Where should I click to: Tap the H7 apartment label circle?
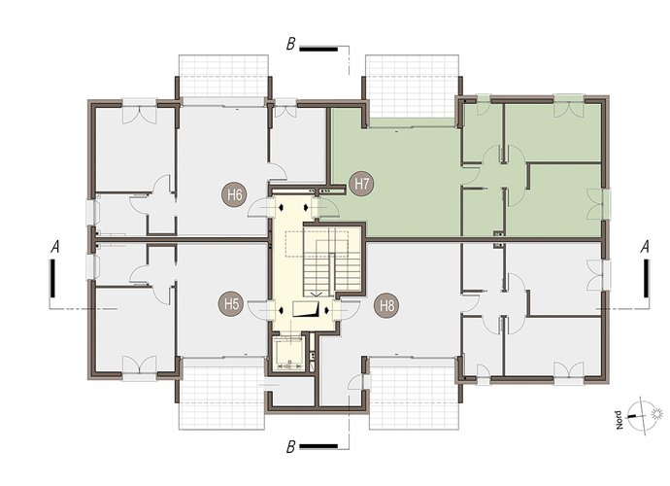click(x=361, y=184)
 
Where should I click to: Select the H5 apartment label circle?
click(x=231, y=304)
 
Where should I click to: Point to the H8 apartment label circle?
click(x=386, y=306)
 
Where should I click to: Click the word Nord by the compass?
click(x=619, y=420)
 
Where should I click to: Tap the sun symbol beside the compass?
click(x=657, y=414)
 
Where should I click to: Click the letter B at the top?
click(x=290, y=44)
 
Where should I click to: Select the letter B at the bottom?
click(x=290, y=447)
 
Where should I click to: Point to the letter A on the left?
click(x=54, y=247)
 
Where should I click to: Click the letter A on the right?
click(x=645, y=247)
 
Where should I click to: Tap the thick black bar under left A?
click(x=52, y=278)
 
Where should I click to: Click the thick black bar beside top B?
click(x=318, y=49)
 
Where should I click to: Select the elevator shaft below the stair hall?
click(x=288, y=354)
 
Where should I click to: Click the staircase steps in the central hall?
click(x=332, y=260)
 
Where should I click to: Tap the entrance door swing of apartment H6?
click(x=260, y=207)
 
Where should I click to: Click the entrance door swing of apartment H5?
click(x=260, y=310)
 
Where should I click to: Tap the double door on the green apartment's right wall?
click(x=595, y=204)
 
